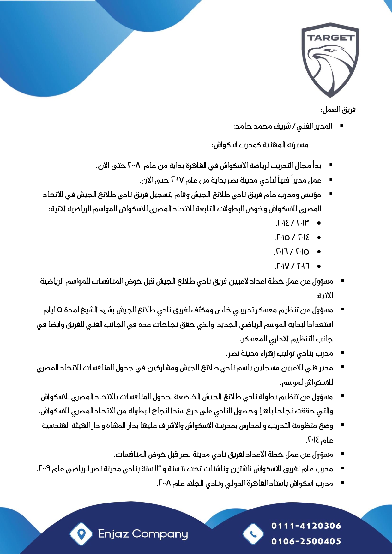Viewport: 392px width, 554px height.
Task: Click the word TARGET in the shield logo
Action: point(330,38)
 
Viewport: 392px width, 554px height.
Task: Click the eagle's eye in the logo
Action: point(330,50)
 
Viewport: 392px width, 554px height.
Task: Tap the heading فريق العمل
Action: point(338,110)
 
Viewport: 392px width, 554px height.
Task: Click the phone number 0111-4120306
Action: point(306,526)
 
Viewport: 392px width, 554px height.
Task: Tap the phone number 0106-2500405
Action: point(306,541)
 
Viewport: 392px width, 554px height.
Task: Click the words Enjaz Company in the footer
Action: point(143,534)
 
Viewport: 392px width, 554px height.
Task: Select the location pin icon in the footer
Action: point(81,534)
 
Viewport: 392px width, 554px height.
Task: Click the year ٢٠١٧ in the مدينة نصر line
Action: point(177,180)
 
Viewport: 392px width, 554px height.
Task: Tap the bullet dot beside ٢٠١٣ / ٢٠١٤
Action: point(319,223)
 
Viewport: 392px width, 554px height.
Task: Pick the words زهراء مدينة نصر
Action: point(247,353)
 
